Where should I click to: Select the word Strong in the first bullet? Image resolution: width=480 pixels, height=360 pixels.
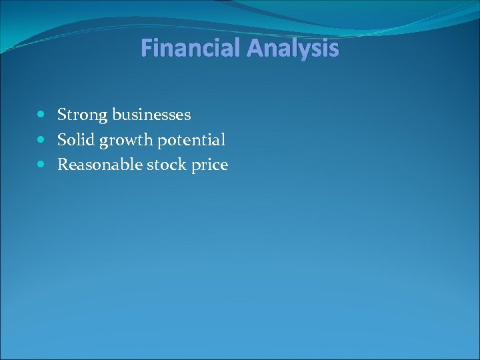click(x=82, y=115)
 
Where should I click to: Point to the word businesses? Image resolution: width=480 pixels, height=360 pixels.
click(x=151, y=115)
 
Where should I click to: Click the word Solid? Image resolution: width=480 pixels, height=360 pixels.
click(x=76, y=140)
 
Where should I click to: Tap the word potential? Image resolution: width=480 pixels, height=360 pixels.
click(x=193, y=141)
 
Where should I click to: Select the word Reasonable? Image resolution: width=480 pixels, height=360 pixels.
click(x=95, y=165)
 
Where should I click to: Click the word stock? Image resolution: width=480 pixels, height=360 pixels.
click(x=162, y=165)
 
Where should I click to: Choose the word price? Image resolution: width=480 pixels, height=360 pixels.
click(x=209, y=165)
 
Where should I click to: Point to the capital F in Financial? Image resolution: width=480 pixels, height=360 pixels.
click(x=147, y=49)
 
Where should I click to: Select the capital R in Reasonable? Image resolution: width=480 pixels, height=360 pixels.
click(x=63, y=165)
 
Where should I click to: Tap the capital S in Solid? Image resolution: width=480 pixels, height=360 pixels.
click(x=62, y=140)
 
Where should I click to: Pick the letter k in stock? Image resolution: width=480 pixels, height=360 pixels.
click(x=181, y=165)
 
